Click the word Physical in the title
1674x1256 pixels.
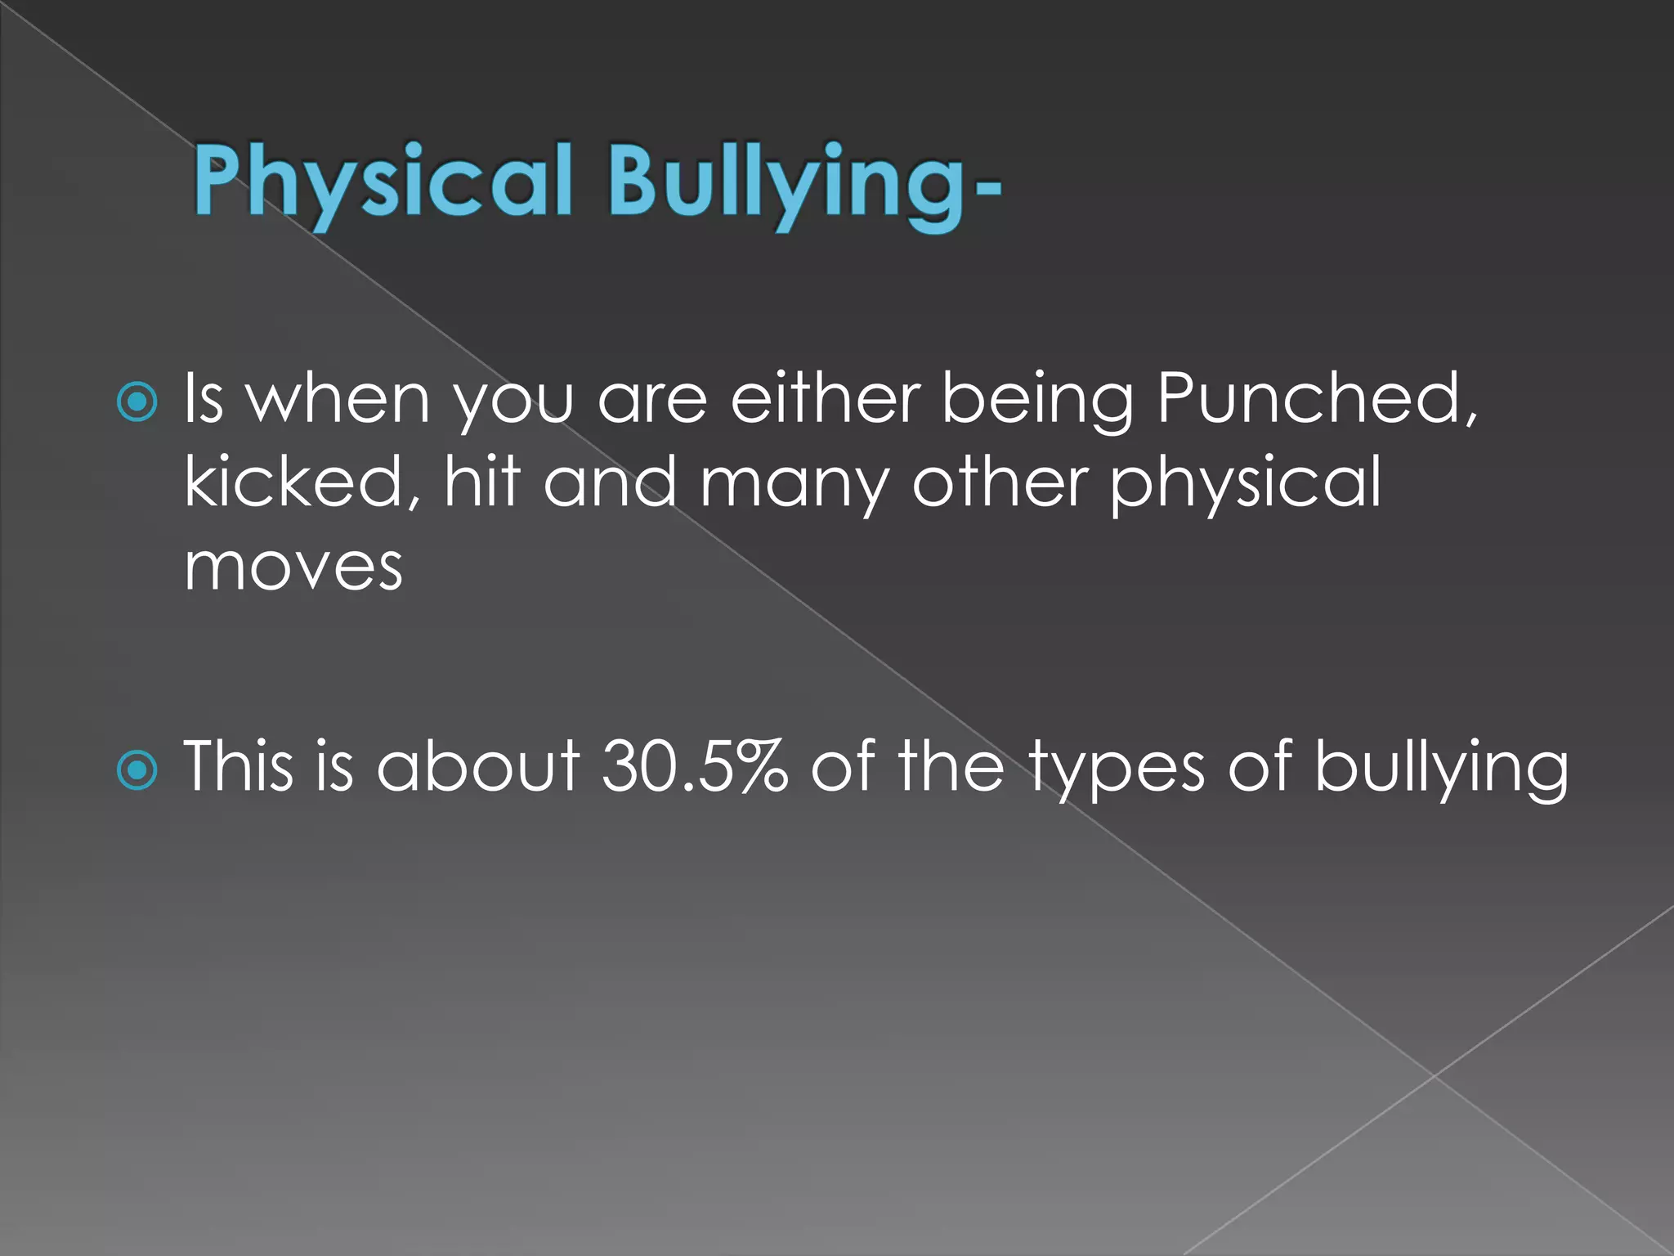383,182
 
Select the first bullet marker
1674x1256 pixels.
137,401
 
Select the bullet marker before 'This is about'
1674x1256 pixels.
137,769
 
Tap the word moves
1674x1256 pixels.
293,566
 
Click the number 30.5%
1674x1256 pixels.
694,767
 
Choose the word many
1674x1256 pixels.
794,484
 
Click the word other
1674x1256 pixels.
999,482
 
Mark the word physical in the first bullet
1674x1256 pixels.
1245,484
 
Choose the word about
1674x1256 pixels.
478,767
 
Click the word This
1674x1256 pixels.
238,767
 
